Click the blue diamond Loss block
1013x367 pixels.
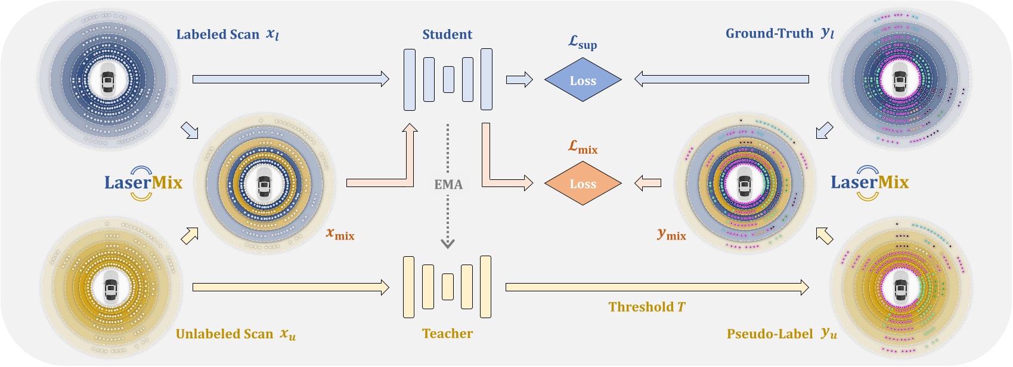pos(583,80)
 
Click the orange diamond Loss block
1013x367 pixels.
pos(583,183)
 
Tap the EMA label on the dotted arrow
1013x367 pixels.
pos(448,185)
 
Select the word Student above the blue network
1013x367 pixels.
pos(447,35)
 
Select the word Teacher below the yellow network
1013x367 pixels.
pos(447,334)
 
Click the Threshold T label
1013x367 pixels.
pos(646,307)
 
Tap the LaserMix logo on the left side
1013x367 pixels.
pos(143,182)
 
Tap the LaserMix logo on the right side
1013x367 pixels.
pos(869,182)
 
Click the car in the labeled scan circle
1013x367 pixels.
pos(108,81)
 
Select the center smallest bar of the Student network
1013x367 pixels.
pos(448,79)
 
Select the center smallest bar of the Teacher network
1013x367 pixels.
pos(448,287)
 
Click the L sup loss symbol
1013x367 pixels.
pos(582,42)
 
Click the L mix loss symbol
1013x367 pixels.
pos(583,147)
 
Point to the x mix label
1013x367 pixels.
pos(340,234)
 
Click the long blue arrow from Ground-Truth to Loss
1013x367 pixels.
pos(721,79)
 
